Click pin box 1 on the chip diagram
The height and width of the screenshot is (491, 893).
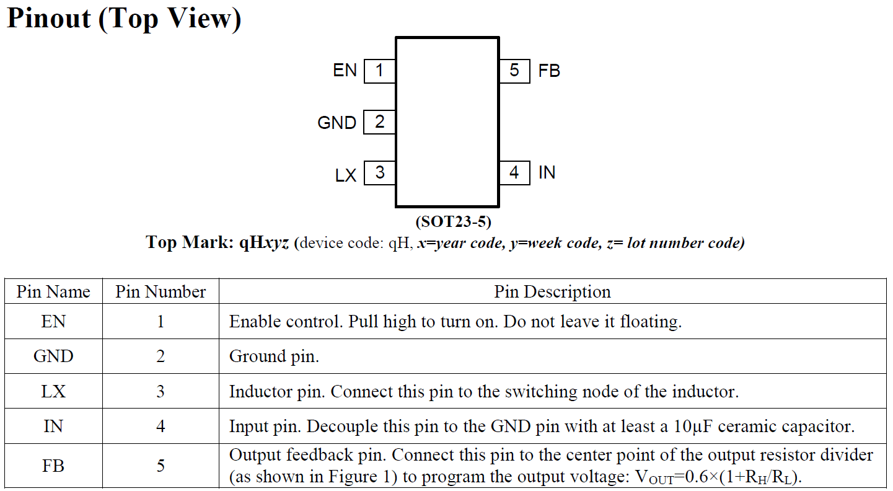(x=379, y=71)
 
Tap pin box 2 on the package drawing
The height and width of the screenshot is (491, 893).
(x=379, y=122)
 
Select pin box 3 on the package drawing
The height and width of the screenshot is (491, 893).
(x=379, y=173)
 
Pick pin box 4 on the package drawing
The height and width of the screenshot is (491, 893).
(x=515, y=173)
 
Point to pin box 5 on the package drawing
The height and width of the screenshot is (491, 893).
(x=515, y=71)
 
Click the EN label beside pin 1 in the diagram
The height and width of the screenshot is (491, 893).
(x=345, y=70)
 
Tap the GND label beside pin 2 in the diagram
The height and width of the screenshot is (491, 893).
(x=337, y=123)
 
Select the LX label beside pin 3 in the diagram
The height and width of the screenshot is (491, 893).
(x=346, y=175)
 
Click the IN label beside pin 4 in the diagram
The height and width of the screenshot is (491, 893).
(x=547, y=172)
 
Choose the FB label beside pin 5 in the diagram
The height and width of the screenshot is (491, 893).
(x=549, y=71)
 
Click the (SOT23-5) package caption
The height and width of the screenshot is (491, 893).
(x=454, y=222)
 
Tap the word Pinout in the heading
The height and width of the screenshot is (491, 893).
(x=49, y=19)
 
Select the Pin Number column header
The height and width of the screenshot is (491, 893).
(x=161, y=291)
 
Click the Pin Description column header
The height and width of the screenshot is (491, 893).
(x=553, y=291)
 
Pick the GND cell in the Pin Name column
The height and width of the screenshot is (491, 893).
(x=53, y=356)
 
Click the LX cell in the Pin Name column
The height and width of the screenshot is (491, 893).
(x=53, y=391)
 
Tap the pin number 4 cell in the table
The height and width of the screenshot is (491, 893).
(x=161, y=427)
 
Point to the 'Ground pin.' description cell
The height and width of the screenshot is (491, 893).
(x=275, y=356)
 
